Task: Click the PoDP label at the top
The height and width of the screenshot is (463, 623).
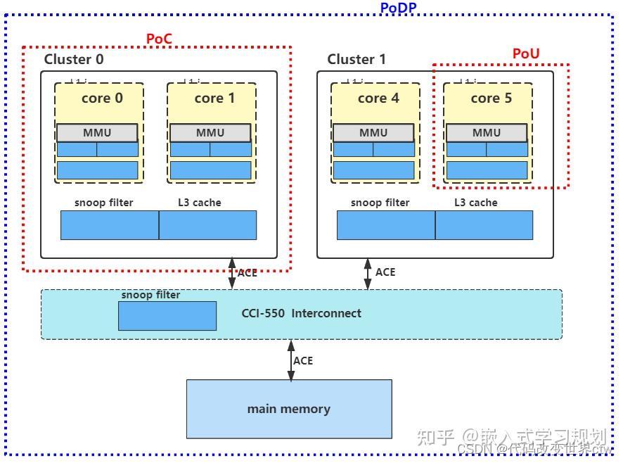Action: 398,8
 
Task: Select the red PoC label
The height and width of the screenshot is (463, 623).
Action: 159,39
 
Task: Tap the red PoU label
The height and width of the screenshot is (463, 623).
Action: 526,54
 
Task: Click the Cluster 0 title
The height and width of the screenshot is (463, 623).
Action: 74,59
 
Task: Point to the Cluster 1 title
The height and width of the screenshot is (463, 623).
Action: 357,59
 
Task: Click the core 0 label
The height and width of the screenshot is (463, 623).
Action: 102,98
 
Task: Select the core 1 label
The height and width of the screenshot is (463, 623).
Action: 214,98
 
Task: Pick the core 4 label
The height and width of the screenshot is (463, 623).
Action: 378,98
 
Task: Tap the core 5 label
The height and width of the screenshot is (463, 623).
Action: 491,98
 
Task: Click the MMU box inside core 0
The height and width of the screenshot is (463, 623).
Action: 97,132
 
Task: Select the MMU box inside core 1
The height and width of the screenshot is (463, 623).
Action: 210,132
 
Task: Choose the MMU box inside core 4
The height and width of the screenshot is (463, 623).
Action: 373,132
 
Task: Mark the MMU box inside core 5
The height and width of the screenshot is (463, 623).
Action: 487,132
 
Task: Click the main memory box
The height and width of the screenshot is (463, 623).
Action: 289,409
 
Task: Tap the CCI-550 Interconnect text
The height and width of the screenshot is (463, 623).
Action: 302,313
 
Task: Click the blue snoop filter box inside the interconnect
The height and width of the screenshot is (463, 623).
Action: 167,316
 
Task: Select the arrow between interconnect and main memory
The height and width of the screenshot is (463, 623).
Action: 290,360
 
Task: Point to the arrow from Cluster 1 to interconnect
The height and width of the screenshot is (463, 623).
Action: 367,274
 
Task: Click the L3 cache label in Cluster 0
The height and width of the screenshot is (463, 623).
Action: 200,203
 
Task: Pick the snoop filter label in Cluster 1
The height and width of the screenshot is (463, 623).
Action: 380,203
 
